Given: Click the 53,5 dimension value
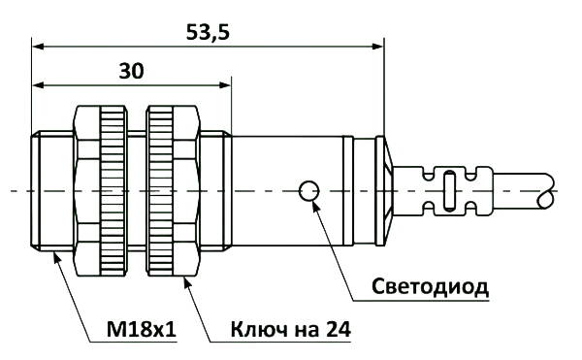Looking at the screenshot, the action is click(208, 32).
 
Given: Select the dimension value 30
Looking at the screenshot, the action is click(131, 71).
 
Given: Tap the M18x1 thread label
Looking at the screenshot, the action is click(141, 329).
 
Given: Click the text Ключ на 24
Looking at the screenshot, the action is click(291, 329).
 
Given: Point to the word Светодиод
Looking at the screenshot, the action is click(430, 287).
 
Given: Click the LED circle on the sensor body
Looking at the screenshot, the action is click(308, 191).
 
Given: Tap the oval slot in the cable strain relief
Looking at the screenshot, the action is click(449, 191).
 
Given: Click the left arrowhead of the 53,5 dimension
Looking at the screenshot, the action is click(38, 47).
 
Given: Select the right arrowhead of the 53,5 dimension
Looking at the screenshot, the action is click(377, 47).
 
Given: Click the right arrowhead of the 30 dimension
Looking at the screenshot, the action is click(225, 85).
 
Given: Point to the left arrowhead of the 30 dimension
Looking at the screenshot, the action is click(38, 85).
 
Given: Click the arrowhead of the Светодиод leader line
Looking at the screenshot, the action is click(316, 206).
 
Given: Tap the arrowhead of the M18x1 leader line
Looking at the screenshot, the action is click(57, 257).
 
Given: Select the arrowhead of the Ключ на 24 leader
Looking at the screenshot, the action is click(187, 282).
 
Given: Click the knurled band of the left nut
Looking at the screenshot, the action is click(113, 191).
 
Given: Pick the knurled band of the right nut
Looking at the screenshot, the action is click(161, 191).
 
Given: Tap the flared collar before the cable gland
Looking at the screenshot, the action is click(384, 191).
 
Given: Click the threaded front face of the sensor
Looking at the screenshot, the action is click(36, 191).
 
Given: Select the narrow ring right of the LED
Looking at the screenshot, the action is click(348, 191).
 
